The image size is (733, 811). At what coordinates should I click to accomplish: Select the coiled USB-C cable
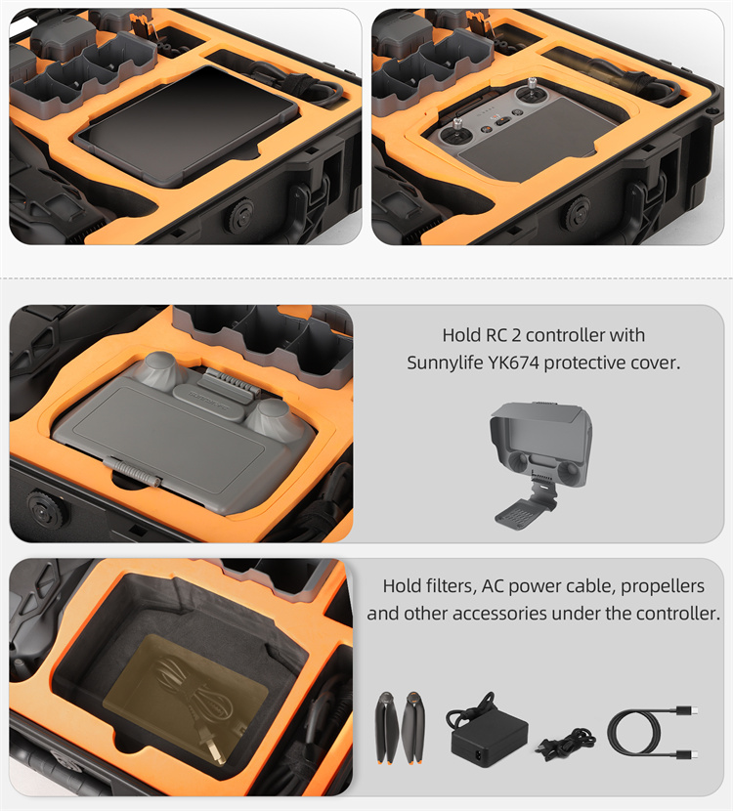tap(653, 733)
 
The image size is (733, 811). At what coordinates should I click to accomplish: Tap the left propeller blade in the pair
tap(387, 727)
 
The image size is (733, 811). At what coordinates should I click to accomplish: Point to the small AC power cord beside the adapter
tap(567, 744)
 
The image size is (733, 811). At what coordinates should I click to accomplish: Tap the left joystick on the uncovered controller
tap(457, 133)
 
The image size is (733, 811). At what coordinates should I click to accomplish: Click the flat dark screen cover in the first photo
tap(187, 126)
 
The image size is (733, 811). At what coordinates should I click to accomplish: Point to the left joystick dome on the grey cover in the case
tap(157, 368)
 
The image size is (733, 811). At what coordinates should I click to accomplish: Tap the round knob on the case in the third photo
tap(47, 510)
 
